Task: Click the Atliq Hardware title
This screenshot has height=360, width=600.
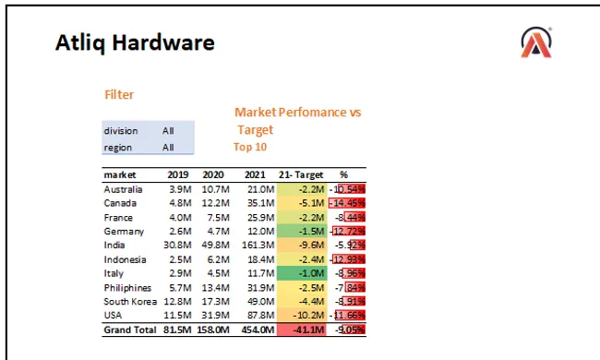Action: [x=135, y=42]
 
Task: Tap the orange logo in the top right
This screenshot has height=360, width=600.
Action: [x=536, y=42]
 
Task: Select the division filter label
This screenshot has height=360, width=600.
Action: [x=121, y=131]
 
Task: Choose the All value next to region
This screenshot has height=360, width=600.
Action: [x=168, y=147]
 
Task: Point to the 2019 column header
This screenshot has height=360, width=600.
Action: [x=178, y=174]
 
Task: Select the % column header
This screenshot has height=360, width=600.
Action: [x=343, y=174]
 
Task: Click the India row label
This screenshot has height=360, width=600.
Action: [x=114, y=245]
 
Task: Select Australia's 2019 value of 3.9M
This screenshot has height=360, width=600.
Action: [x=179, y=189]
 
